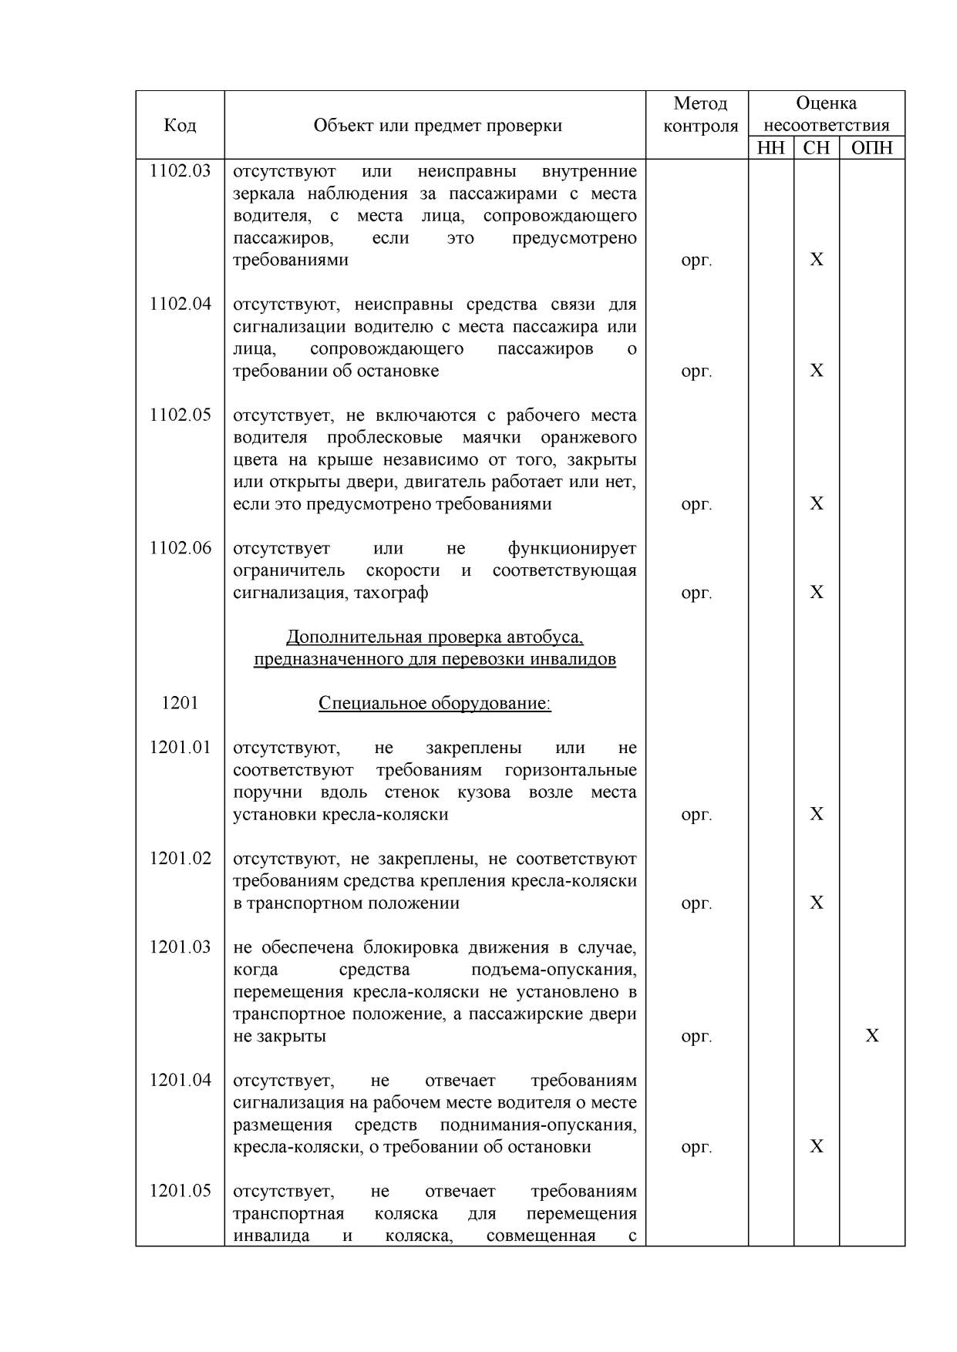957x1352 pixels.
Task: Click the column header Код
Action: [x=180, y=125]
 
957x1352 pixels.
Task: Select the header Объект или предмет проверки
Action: [x=437, y=125]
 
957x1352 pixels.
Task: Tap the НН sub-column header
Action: [x=770, y=148]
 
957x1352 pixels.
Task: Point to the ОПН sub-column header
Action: [x=871, y=148]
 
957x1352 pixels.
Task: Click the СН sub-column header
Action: [x=816, y=148]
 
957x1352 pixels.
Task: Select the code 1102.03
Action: [x=180, y=170]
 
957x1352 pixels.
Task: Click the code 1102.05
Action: [x=180, y=415]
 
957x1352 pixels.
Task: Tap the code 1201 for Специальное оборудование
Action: [x=180, y=703]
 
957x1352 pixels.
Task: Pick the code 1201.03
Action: [x=180, y=947]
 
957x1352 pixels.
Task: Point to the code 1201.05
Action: [x=180, y=1191]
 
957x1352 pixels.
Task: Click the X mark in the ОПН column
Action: [x=871, y=1035]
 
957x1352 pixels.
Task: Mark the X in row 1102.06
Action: [x=817, y=592]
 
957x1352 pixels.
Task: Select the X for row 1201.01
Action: [x=817, y=814]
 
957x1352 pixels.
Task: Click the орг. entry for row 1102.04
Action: [x=696, y=372]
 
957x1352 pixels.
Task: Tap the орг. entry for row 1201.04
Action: [x=696, y=1147]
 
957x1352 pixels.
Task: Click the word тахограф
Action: [x=391, y=593]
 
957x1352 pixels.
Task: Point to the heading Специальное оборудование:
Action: [x=435, y=704]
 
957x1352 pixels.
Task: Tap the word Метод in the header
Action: [x=700, y=103]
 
